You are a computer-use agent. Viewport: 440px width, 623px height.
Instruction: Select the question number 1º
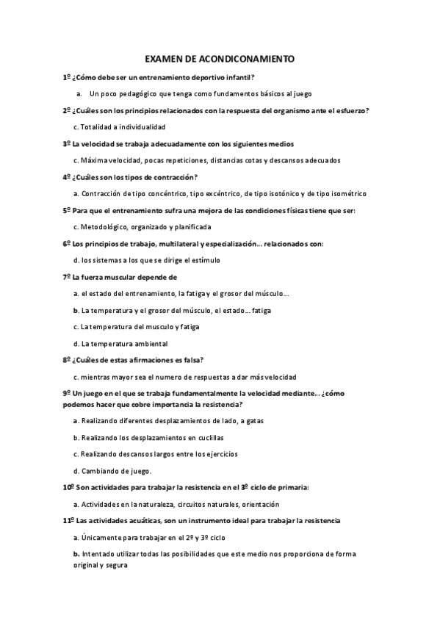67,77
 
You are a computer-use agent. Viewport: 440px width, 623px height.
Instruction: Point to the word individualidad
132,127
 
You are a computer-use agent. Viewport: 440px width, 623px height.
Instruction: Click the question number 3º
67,144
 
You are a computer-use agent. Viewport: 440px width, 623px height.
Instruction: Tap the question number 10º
68,488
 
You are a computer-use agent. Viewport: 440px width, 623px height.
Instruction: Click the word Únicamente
103,537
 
